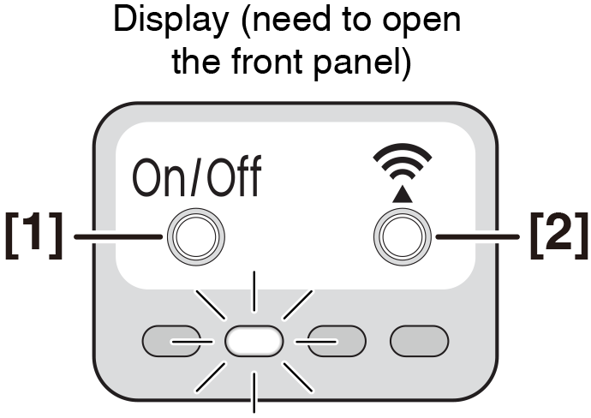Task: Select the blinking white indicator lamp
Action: [254, 341]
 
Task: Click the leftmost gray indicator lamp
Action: [170, 341]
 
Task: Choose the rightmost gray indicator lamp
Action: [419, 341]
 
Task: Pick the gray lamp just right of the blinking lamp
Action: [337, 341]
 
